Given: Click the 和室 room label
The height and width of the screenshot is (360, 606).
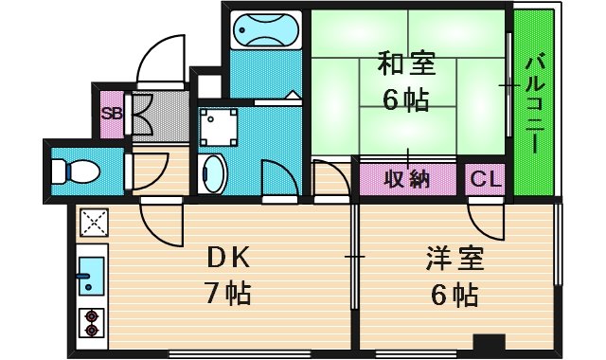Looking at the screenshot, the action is tap(406, 65).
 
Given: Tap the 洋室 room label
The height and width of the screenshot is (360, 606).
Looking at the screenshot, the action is tap(454, 259).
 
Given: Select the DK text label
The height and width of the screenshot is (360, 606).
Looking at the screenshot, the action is tap(228, 257).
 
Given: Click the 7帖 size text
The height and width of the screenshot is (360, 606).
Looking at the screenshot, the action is tap(228, 293).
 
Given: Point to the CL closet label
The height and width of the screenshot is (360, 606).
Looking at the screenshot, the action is tap(485, 177).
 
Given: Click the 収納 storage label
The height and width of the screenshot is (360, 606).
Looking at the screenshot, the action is tap(407, 177).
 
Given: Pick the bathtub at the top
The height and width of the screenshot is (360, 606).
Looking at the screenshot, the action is tap(265, 31).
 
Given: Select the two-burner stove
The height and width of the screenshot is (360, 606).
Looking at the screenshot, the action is tap(92, 323).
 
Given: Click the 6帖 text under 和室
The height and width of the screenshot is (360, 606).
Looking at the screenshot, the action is tap(406, 99).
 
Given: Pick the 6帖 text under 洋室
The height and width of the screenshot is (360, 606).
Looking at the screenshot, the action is tap(454, 295).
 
